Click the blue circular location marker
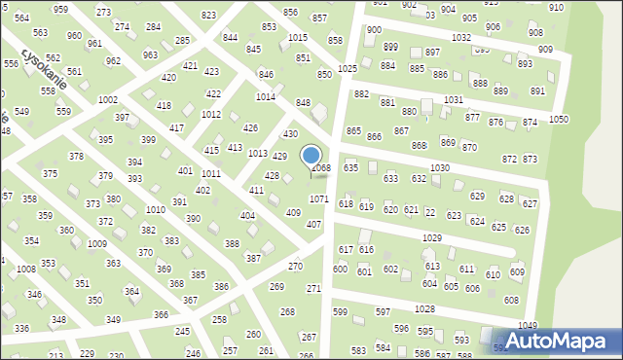point(311,156)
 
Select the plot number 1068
point(320,168)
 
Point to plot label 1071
point(319,198)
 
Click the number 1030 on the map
point(439,168)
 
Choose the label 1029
point(432,238)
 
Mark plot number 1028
point(423,308)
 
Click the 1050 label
point(558,119)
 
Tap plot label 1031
point(453,100)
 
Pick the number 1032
point(461,37)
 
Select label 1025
point(348,69)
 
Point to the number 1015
point(298,38)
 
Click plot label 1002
point(108,100)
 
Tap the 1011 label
point(210,173)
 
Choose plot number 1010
point(155,210)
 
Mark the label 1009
point(96,244)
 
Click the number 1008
point(26,269)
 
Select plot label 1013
point(257,154)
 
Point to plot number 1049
point(527,326)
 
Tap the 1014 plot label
point(265,97)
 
